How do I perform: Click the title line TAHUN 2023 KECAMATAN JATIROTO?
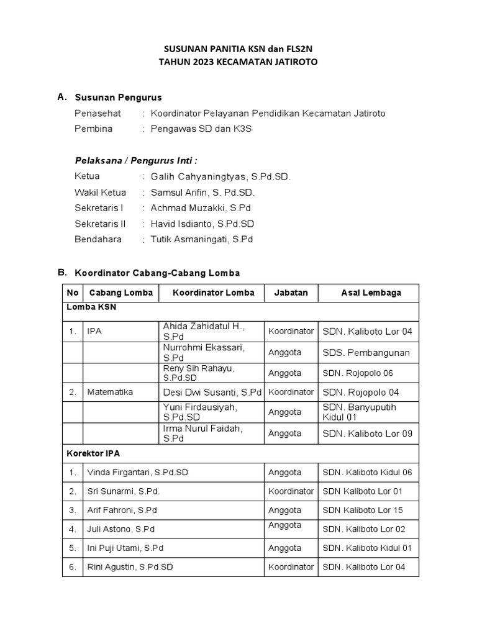click(240, 62)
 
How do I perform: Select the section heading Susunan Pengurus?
click(118, 98)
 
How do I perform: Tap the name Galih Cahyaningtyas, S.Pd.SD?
click(220, 176)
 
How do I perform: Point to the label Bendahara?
click(98, 239)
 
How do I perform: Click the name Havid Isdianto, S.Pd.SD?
click(202, 224)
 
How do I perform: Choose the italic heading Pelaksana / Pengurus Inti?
click(135, 160)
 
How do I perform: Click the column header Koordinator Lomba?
click(213, 293)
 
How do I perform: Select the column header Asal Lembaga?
click(371, 293)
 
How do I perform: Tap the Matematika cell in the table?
click(109, 392)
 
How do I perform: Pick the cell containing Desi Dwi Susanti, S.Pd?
click(212, 392)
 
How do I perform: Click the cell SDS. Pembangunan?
click(366, 352)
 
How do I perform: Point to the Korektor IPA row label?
click(88, 453)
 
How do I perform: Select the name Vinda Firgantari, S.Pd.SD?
click(137, 473)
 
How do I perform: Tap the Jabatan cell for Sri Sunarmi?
click(291, 491)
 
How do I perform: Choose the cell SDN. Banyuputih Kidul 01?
click(359, 412)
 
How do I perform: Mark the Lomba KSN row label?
click(91, 307)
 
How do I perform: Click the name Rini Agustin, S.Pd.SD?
click(130, 566)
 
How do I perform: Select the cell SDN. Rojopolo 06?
click(358, 373)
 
